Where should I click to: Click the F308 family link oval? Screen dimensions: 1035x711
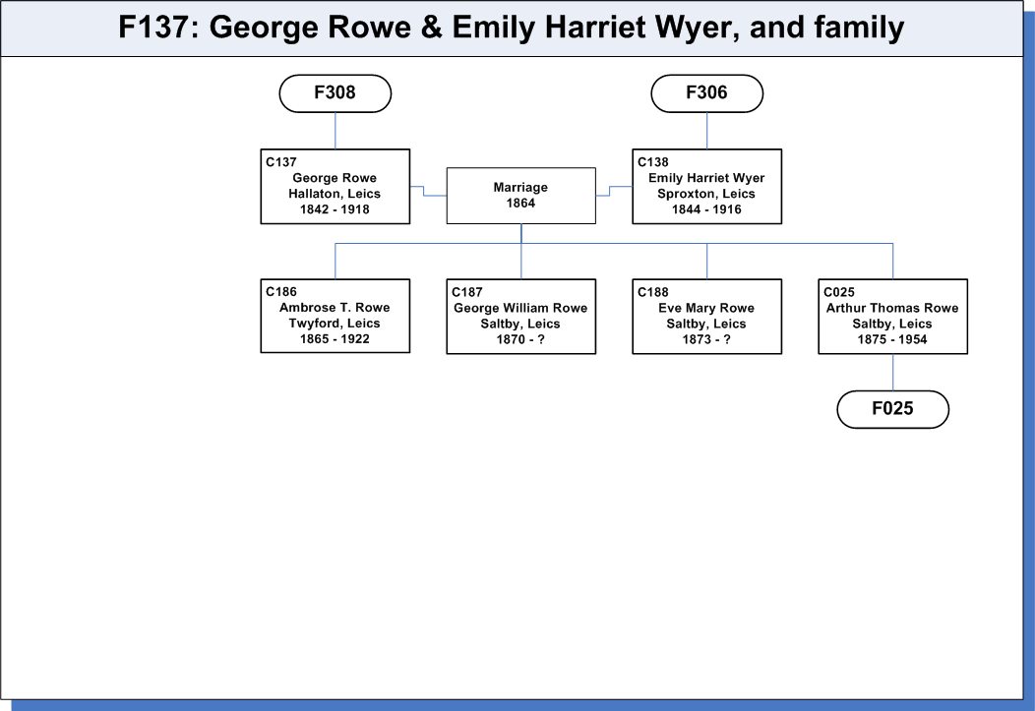(335, 93)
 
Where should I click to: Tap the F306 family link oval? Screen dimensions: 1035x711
(707, 93)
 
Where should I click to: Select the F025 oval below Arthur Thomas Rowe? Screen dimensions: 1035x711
(893, 409)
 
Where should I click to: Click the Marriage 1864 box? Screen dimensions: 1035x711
(520, 196)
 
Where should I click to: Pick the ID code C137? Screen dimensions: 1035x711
(281, 161)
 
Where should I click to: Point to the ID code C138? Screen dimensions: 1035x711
(653, 161)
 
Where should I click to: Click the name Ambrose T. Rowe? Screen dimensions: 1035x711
(335, 308)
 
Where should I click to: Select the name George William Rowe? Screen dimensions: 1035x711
(520, 308)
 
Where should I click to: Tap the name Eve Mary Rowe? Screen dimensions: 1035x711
(706, 308)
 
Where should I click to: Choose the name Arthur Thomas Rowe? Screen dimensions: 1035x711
(892, 308)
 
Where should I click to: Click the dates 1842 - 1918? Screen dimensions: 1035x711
(335, 209)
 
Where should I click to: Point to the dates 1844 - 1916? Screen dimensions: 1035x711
(706, 209)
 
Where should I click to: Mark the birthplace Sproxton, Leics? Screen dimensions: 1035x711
(706, 194)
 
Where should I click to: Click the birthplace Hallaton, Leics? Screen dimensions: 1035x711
(335, 194)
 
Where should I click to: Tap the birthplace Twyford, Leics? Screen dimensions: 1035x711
(335, 324)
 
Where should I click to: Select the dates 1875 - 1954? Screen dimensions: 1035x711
(892, 339)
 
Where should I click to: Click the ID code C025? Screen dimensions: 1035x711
(839, 291)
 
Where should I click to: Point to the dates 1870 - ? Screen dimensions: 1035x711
(520, 339)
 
